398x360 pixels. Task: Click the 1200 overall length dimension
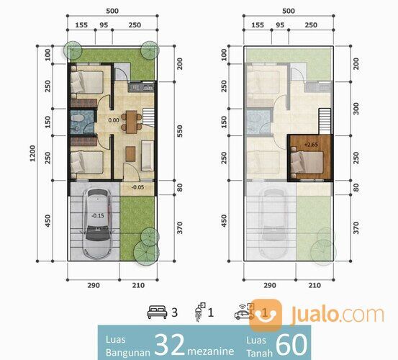point(32,153)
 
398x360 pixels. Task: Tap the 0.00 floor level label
point(114,120)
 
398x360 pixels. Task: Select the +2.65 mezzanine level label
point(311,145)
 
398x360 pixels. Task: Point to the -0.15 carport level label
point(98,215)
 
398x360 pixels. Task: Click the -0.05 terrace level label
point(138,187)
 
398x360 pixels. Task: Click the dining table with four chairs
point(132,122)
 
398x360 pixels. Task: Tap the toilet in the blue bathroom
point(77,118)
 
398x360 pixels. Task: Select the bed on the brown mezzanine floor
point(307,163)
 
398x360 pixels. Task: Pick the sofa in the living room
point(148,156)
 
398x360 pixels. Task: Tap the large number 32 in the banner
point(170,344)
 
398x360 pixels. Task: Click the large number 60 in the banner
point(291,344)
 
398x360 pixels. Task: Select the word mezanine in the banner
point(210,351)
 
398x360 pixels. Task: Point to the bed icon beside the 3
point(157,312)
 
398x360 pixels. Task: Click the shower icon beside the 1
point(200,312)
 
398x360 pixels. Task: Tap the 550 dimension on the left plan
point(180,131)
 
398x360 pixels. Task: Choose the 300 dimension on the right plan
point(356,109)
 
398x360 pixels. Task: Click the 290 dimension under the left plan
point(94,285)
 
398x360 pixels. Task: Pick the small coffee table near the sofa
point(130,154)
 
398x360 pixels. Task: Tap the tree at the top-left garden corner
point(73,50)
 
